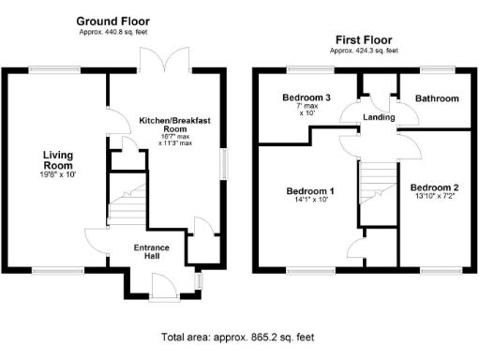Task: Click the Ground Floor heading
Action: point(112,21)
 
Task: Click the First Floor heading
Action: point(364,40)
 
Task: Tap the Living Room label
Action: point(57,160)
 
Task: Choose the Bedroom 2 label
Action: point(434,187)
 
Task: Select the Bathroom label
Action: point(437,98)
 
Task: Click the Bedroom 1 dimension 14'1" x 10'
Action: point(310,201)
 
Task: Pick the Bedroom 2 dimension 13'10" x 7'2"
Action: point(434,197)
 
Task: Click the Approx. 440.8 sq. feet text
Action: point(112,31)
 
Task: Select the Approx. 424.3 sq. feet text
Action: point(364,51)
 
